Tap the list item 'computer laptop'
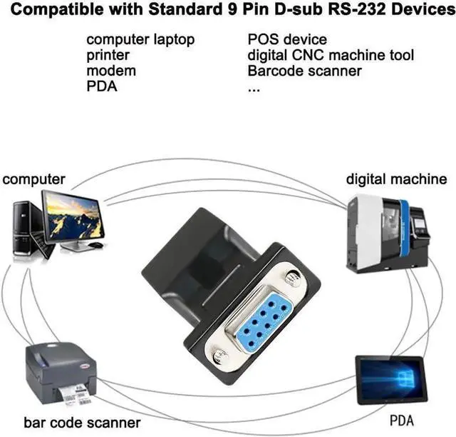pos(140,40)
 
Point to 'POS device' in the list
pos(286,40)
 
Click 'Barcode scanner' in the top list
pos(304,71)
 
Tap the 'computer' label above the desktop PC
pos(33,179)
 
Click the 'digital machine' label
pos(397,179)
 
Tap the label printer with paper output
pos(61,374)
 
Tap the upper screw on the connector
pos(289,277)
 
